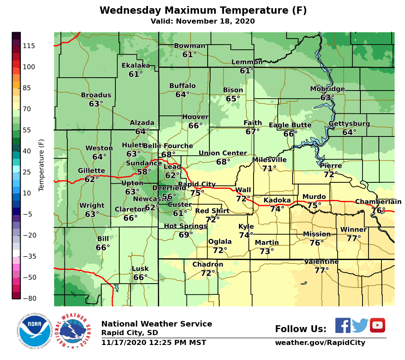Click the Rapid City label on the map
point(196,185)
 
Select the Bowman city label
point(189,46)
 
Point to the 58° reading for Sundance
point(144,172)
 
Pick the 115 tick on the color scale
point(30,46)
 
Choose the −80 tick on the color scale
point(30,298)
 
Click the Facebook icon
point(342,326)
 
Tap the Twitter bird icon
point(360,326)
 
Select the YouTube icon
point(378,326)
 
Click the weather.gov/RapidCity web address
point(320,342)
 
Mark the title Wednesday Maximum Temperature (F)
point(203,11)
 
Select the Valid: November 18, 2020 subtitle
point(202,21)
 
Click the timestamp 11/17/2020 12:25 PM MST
point(154,342)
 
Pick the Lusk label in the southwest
point(140,269)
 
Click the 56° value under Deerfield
point(169,197)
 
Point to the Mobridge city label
point(327,89)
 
